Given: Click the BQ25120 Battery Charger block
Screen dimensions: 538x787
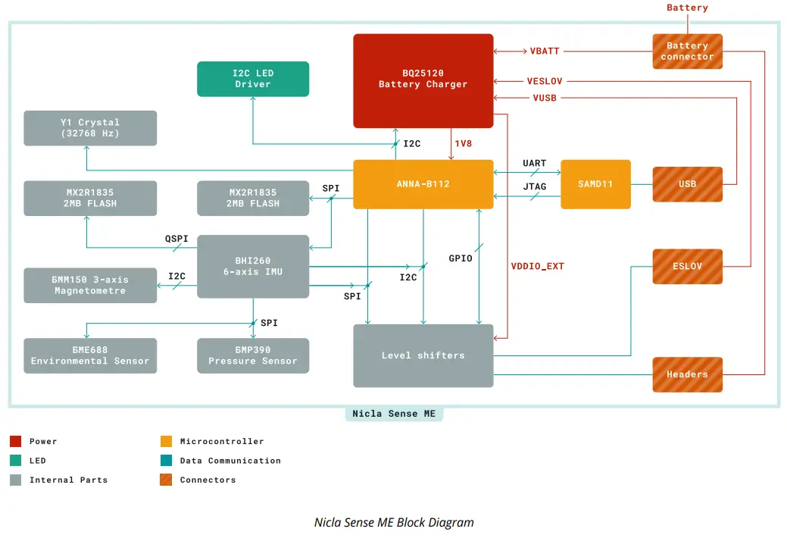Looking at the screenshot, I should [x=423, y=80].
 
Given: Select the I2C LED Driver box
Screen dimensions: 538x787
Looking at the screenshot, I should [x=253, y=79].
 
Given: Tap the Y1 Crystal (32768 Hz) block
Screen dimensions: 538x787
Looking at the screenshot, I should [x=90, y=128].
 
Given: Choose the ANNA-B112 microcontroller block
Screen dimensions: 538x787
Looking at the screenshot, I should [x=423, y=183].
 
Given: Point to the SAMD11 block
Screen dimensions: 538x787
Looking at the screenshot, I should [x=595, y=184].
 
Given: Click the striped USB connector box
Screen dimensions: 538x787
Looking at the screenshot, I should [x=687, y=184].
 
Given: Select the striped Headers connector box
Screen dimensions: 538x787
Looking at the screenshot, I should [x=687, y=374].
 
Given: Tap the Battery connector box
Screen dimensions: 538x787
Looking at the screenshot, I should [x=687, y=52].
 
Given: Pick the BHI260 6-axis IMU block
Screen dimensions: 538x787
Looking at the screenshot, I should [x=253, y=266].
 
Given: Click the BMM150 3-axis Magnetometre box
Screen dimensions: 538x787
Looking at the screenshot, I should [x=90, y=285].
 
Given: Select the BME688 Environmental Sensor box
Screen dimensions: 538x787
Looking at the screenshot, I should [x=90, y=355].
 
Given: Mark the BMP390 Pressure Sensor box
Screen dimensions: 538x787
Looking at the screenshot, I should [x=253, y=355].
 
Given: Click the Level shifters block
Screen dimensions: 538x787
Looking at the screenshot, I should [x=423, y=355].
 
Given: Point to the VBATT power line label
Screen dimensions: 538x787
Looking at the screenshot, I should [x=545, y=52].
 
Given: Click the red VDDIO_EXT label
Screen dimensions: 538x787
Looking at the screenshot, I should [x=537, y=266].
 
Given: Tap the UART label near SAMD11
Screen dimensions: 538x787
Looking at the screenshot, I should [x=534, y=164].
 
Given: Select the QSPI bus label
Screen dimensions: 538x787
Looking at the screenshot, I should [x=176, y=239].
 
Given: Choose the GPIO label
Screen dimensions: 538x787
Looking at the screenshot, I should [x=460, y=258].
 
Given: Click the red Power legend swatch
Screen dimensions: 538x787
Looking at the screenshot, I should [x=16, y=441].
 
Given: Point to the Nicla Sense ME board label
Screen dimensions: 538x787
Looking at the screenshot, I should [x=394, y=414].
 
